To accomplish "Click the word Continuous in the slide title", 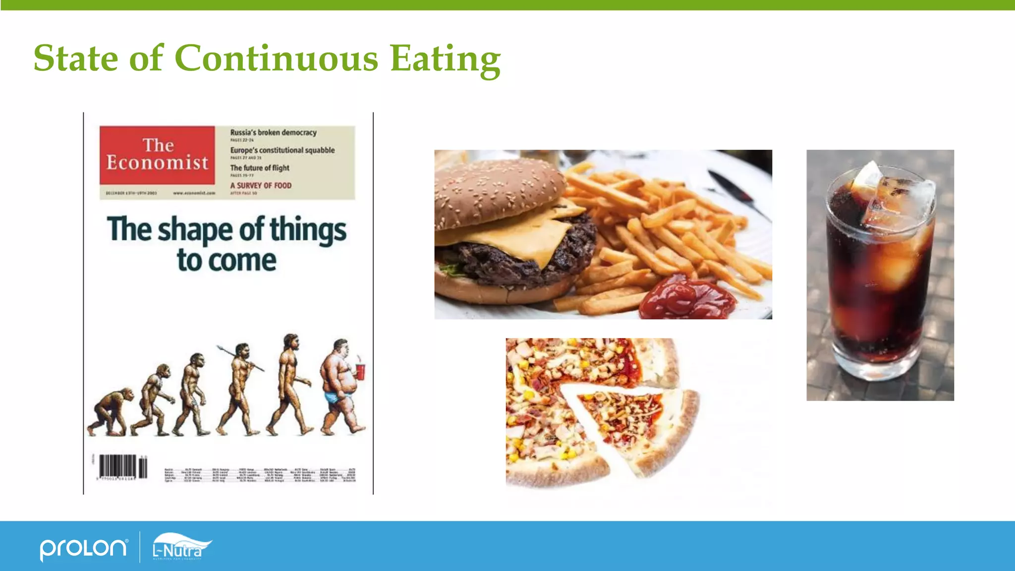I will tap(276, 58).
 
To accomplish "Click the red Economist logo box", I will tap(157, 155).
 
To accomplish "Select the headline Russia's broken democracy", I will tap(273, 132).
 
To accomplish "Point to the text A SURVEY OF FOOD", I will tap(261, 185).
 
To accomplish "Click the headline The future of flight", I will tap(260, 168).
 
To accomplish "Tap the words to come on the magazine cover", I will tap(226, 261).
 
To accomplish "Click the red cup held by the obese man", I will tap(360, 371).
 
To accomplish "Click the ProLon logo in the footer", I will tap(83, 548).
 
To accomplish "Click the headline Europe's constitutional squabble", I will tap(282, 150).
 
